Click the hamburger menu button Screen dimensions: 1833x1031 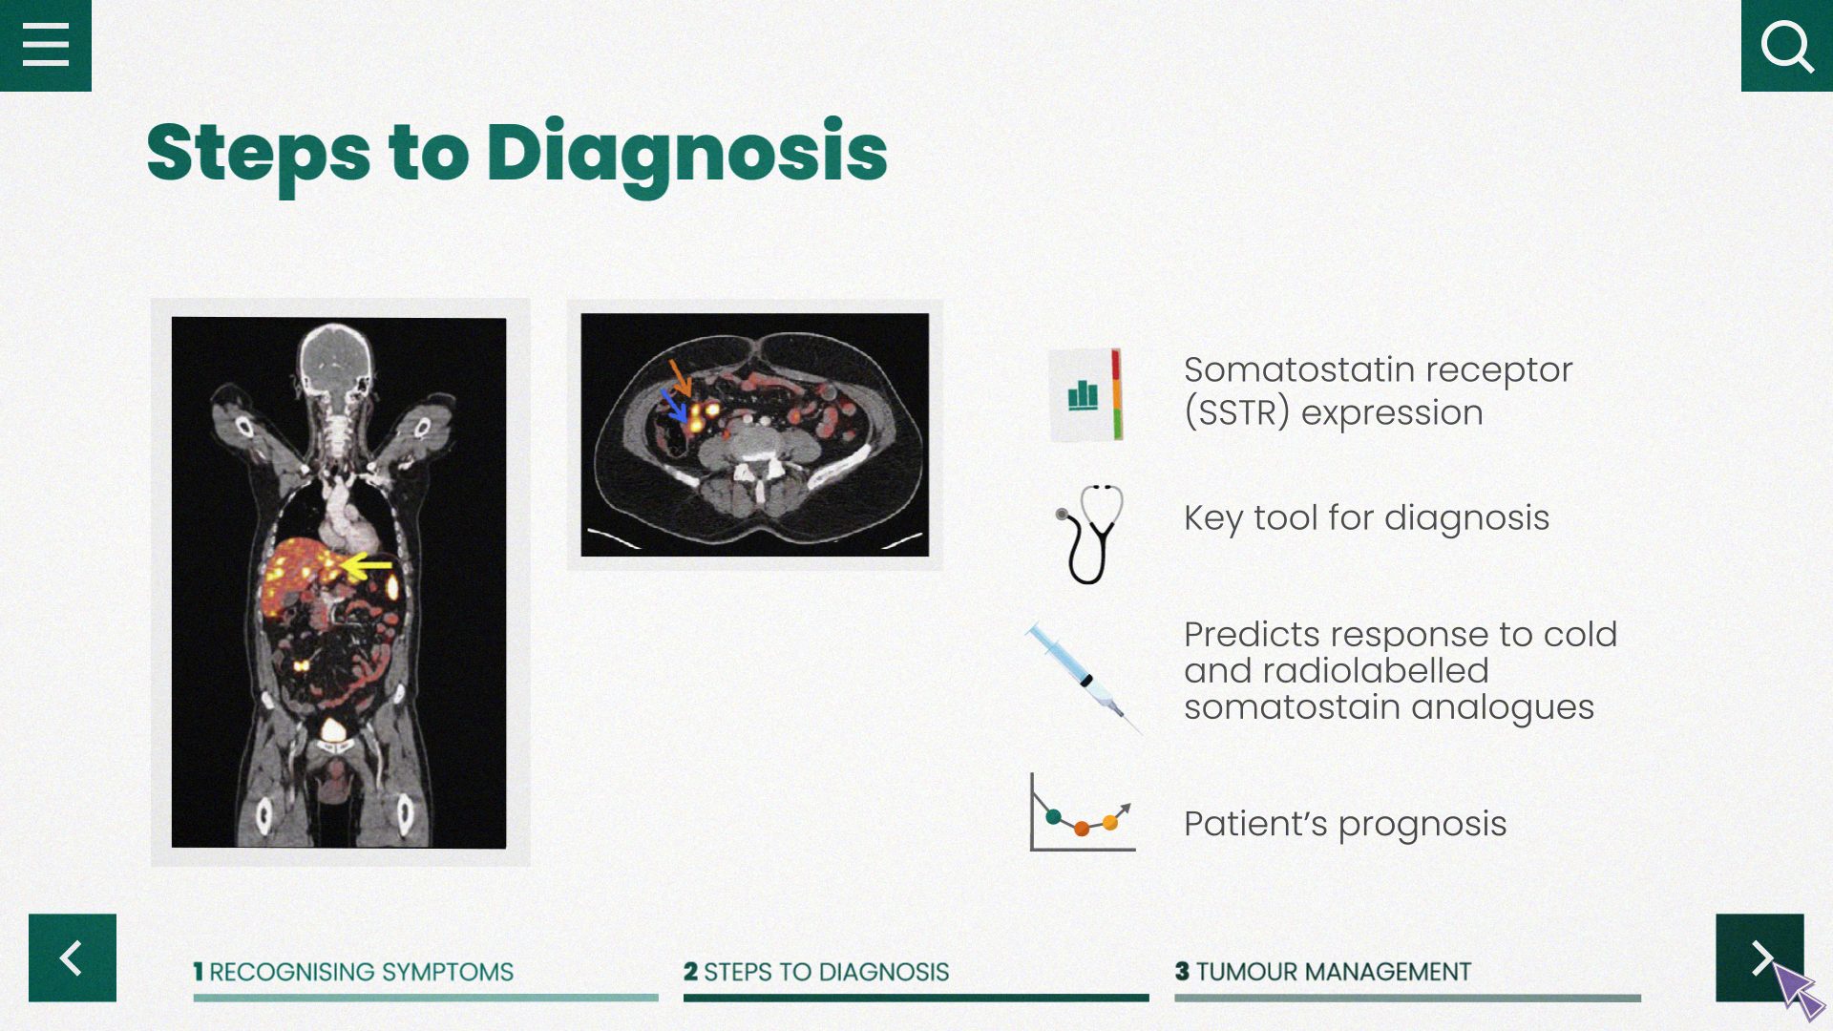(46, 46)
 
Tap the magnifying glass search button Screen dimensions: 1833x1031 (1787, 46)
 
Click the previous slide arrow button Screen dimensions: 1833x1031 (73, 957)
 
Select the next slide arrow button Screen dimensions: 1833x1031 (1759, 957)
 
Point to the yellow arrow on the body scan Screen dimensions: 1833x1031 (367, 566)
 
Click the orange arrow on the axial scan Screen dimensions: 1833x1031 (680, 377)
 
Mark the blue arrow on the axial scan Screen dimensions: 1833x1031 (675, 405)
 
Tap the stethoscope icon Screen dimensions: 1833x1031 (1089, 534)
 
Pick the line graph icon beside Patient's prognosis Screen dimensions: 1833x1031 (1083, 812)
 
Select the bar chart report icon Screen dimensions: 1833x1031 (1086, 394)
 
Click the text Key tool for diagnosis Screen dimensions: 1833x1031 (1366, 518)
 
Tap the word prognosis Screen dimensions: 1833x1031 (1422, 825)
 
